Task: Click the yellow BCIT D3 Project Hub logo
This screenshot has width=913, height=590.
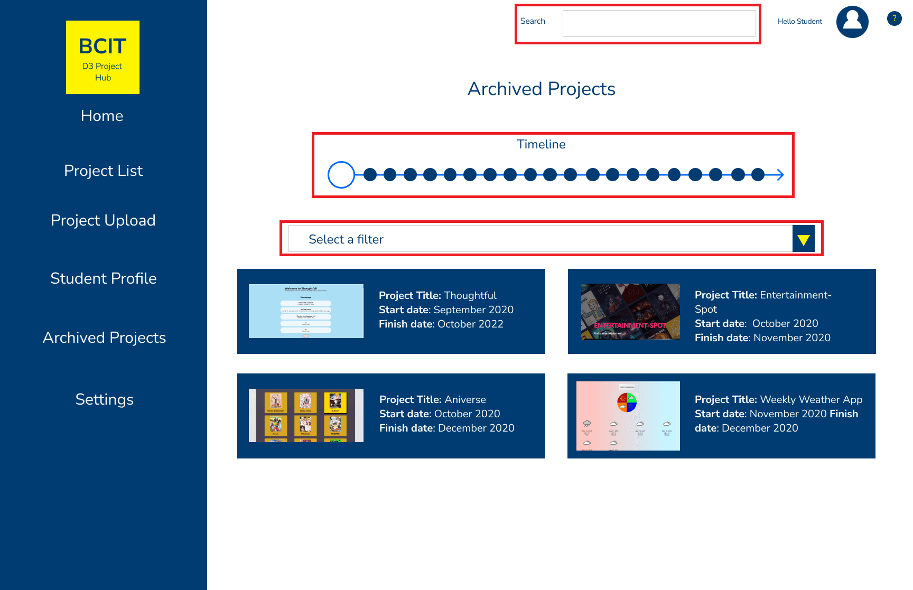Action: [x=103, y=57]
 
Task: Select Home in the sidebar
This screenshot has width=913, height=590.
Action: [x=102, y=116]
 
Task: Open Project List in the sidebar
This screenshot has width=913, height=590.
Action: [x=103, y=171]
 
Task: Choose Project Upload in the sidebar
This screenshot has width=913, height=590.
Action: [x=103, y=220]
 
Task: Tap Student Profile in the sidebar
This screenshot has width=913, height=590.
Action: [x=104, y=278]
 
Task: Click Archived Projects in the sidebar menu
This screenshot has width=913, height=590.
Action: [x=104, y=338]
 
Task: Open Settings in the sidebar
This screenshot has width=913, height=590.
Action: [x=104, y=399]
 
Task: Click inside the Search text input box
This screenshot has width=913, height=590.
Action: [x=659, y=24]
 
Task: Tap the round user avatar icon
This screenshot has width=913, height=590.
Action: [x=852, y=22]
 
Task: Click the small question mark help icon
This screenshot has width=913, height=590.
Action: [x=894, y=18]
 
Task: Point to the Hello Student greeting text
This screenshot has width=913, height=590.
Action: [x=799, y=22]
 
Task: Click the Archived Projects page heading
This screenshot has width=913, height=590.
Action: [x=541, y=89]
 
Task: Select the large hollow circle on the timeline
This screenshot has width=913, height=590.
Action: [x=341, y=175]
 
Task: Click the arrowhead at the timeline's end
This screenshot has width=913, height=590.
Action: [x=780, y=175]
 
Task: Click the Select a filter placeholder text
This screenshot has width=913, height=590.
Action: [x=346, y=239]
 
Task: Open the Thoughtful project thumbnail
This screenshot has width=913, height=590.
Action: [x=306, y=311]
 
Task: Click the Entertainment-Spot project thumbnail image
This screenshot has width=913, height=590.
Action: [x=630, y=312]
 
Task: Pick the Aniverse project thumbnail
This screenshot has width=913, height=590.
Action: [x=306, y=415]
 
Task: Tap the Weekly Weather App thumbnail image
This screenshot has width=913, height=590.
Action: [x=628, y=416]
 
